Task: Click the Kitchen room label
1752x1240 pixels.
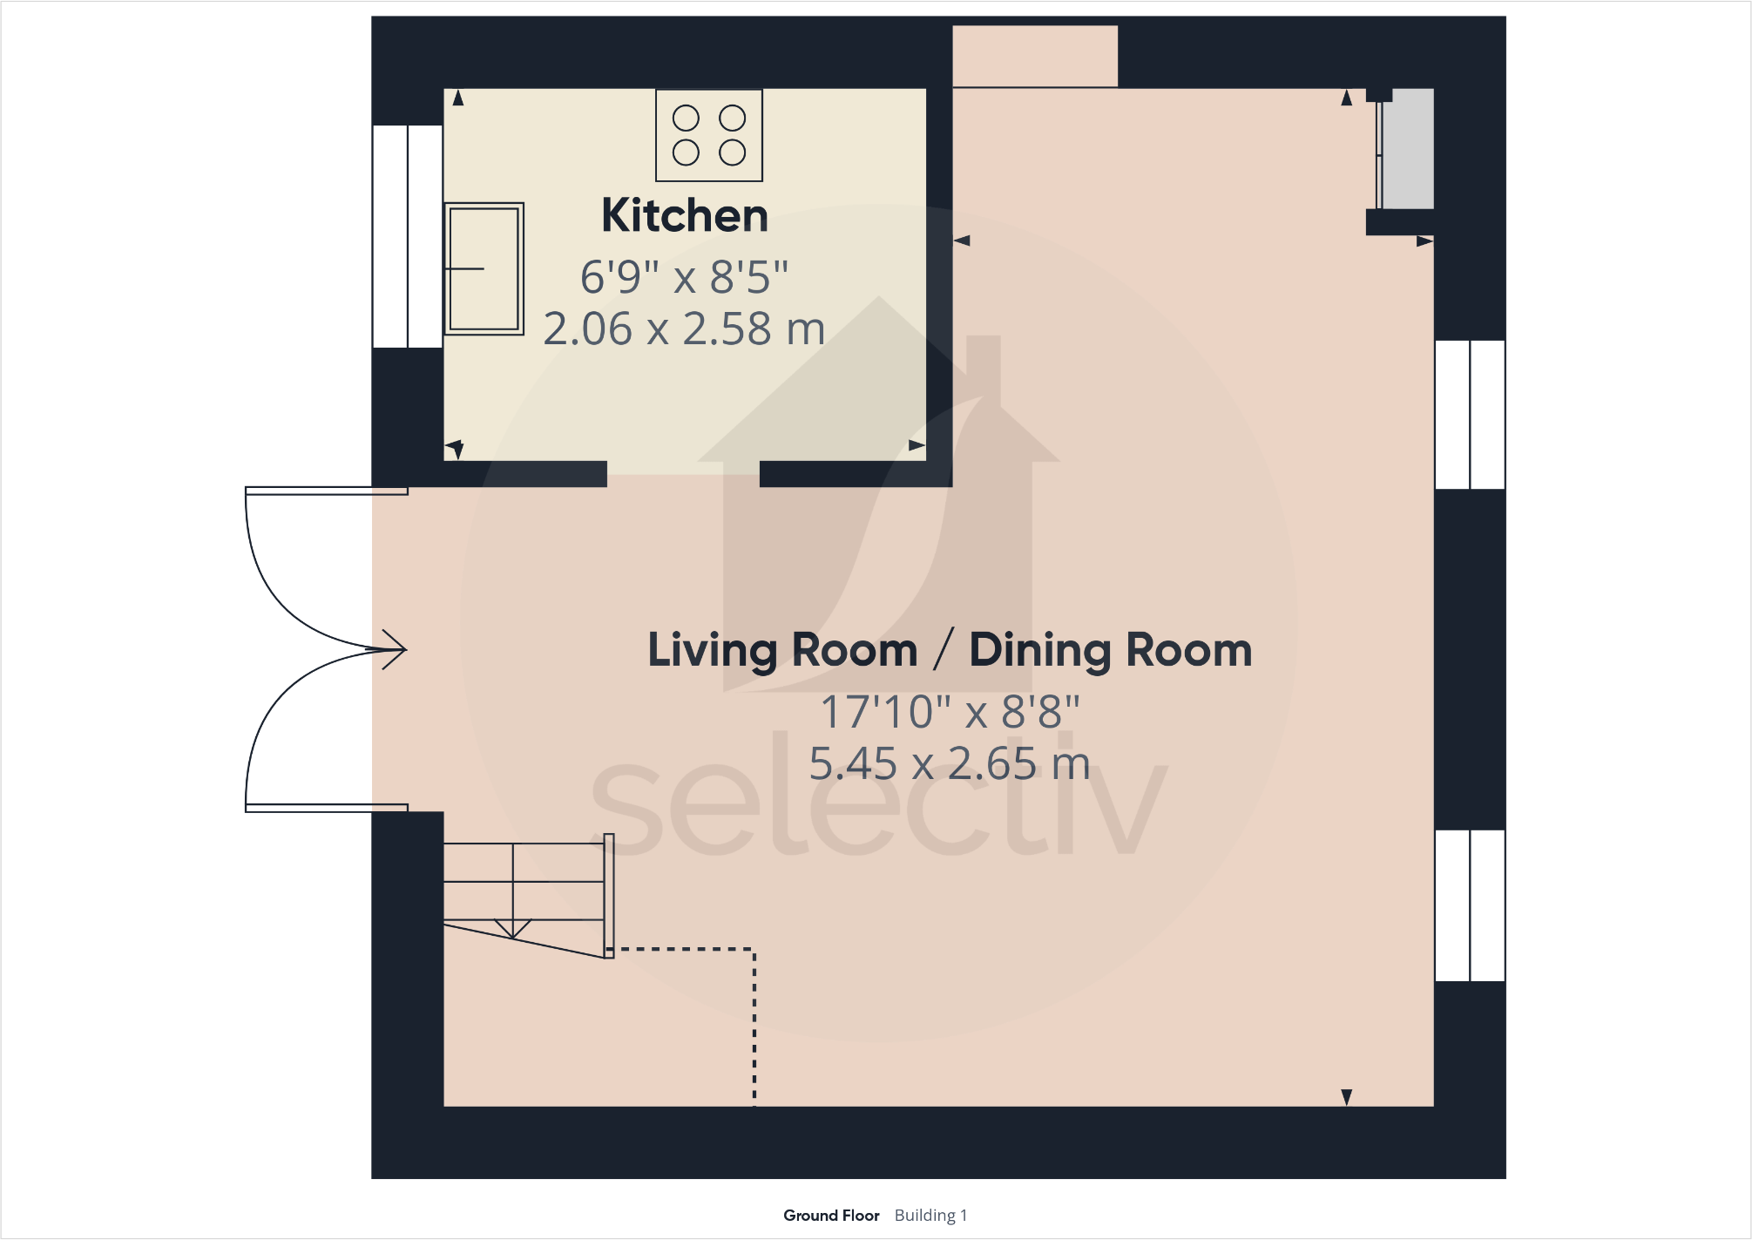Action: click(x=685, y=215)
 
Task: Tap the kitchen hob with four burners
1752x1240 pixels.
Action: click(x=709, y=135)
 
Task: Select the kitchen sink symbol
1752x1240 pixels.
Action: click(x=484, y=268)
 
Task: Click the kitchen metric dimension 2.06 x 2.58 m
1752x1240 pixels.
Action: click(x=684, y=329)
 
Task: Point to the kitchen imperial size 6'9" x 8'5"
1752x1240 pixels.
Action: click(x=684, y=277)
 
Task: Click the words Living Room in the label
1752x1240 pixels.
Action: click(x=782, y=650)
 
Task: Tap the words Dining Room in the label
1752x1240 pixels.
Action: click(x=1110, y=650)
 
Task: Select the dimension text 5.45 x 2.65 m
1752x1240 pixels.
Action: click(x=950, y=763)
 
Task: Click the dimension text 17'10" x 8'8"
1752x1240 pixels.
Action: click(x=950, y=712)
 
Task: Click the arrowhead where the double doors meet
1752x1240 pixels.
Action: click(x=394, y=649)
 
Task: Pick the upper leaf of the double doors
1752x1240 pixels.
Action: click(x=296, y=575)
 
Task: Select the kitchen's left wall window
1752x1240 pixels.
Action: click(x=408, y=236)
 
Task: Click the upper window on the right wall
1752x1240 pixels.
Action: click(x=1470, y=414)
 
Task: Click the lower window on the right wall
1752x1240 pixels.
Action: click(x=1470, y=905)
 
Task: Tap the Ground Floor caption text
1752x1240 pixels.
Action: click(x=831, y=1216)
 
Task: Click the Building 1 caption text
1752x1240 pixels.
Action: click(x=930, y=1216)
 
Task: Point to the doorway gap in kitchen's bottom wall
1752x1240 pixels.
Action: click(x=683, y=474)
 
